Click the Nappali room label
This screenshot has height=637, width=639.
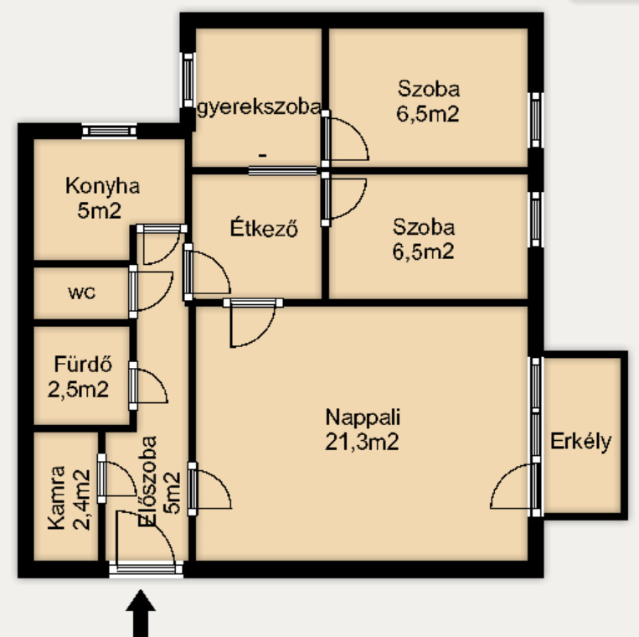pos(363,417)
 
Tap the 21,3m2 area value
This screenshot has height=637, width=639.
pos(362,442)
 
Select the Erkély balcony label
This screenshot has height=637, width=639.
pos(580,442)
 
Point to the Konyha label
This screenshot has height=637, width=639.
pos(103,186)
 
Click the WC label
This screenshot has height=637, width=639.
pos(82,293)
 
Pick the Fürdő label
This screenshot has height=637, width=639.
pos(83,364)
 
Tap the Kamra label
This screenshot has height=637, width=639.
pos(56,498)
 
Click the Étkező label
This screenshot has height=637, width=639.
pos(264,228)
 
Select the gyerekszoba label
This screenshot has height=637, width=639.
pos(259,107)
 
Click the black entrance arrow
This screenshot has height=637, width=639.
pos(141,613)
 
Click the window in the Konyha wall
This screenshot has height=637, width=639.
pos(109,131)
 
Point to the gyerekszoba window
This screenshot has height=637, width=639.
pos(188,80)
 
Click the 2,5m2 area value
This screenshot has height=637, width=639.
pos(78,389)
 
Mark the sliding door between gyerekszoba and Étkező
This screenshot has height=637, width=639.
pos(283,170)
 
